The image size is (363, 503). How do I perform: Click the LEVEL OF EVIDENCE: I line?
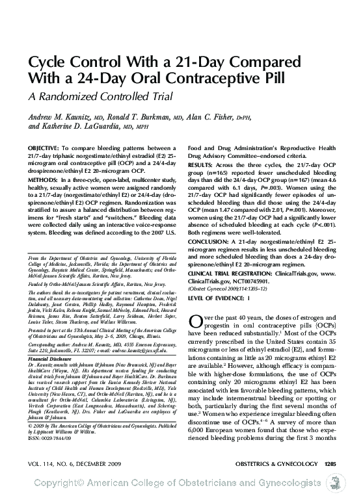click(219, 298)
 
